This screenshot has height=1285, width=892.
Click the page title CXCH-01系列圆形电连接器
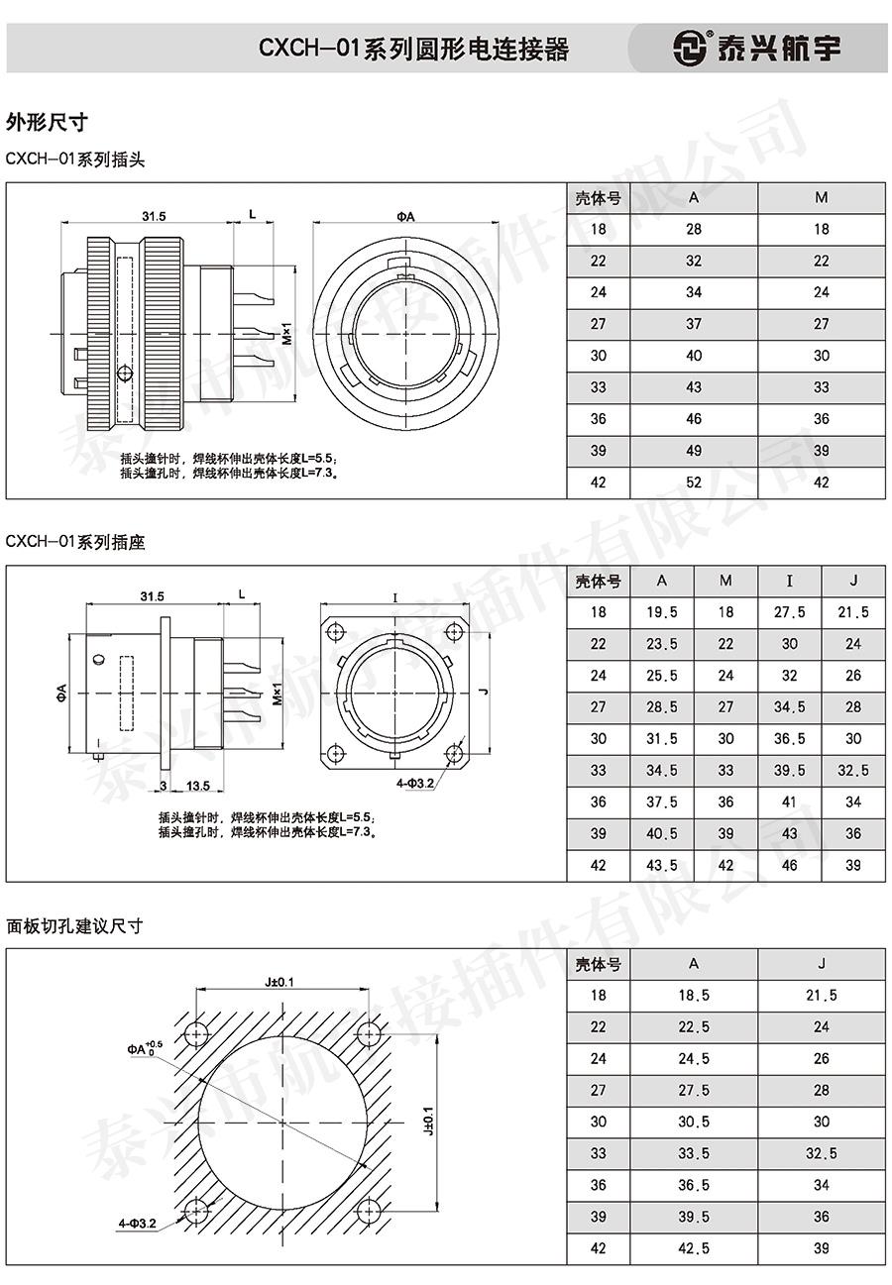tap(414, 49)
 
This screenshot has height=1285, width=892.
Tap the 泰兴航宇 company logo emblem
tap(690, 48)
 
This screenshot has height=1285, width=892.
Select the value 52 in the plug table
tap(694, 482)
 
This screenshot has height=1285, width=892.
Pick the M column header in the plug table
tap(821, 197)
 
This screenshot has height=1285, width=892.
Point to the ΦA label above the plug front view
tap(405, 216)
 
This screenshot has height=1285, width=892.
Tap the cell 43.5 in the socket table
tap(662, 865)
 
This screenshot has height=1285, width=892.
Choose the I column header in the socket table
tap(789, 581)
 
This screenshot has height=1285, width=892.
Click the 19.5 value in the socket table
tap(662, 612)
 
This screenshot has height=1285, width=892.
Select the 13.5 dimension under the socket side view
tap(197, 786)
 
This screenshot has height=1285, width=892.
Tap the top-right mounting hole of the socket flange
tap(454, 631)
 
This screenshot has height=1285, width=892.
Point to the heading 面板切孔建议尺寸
tap(74, 926)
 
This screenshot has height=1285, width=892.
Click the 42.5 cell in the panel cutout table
tap(694, 1248)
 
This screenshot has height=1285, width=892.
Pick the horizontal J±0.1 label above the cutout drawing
tap(279, 982)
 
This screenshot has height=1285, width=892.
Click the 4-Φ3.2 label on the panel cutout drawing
tap(138, 1224)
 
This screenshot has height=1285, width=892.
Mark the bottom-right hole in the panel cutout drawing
tap(368, 1210)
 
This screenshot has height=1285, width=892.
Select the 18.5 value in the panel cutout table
tap(694, 995)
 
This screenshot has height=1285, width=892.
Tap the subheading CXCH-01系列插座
tap(75, 542)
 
